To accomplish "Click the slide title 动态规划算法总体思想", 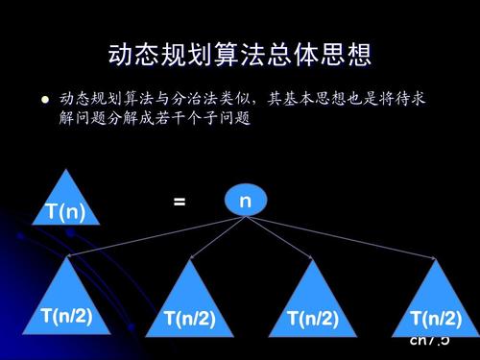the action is pos(239,54).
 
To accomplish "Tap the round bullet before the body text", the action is pos(43,98).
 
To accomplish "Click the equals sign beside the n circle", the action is pos(179,203).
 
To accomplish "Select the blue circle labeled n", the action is pos(245,201).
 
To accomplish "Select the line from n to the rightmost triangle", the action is pos(346,238).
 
